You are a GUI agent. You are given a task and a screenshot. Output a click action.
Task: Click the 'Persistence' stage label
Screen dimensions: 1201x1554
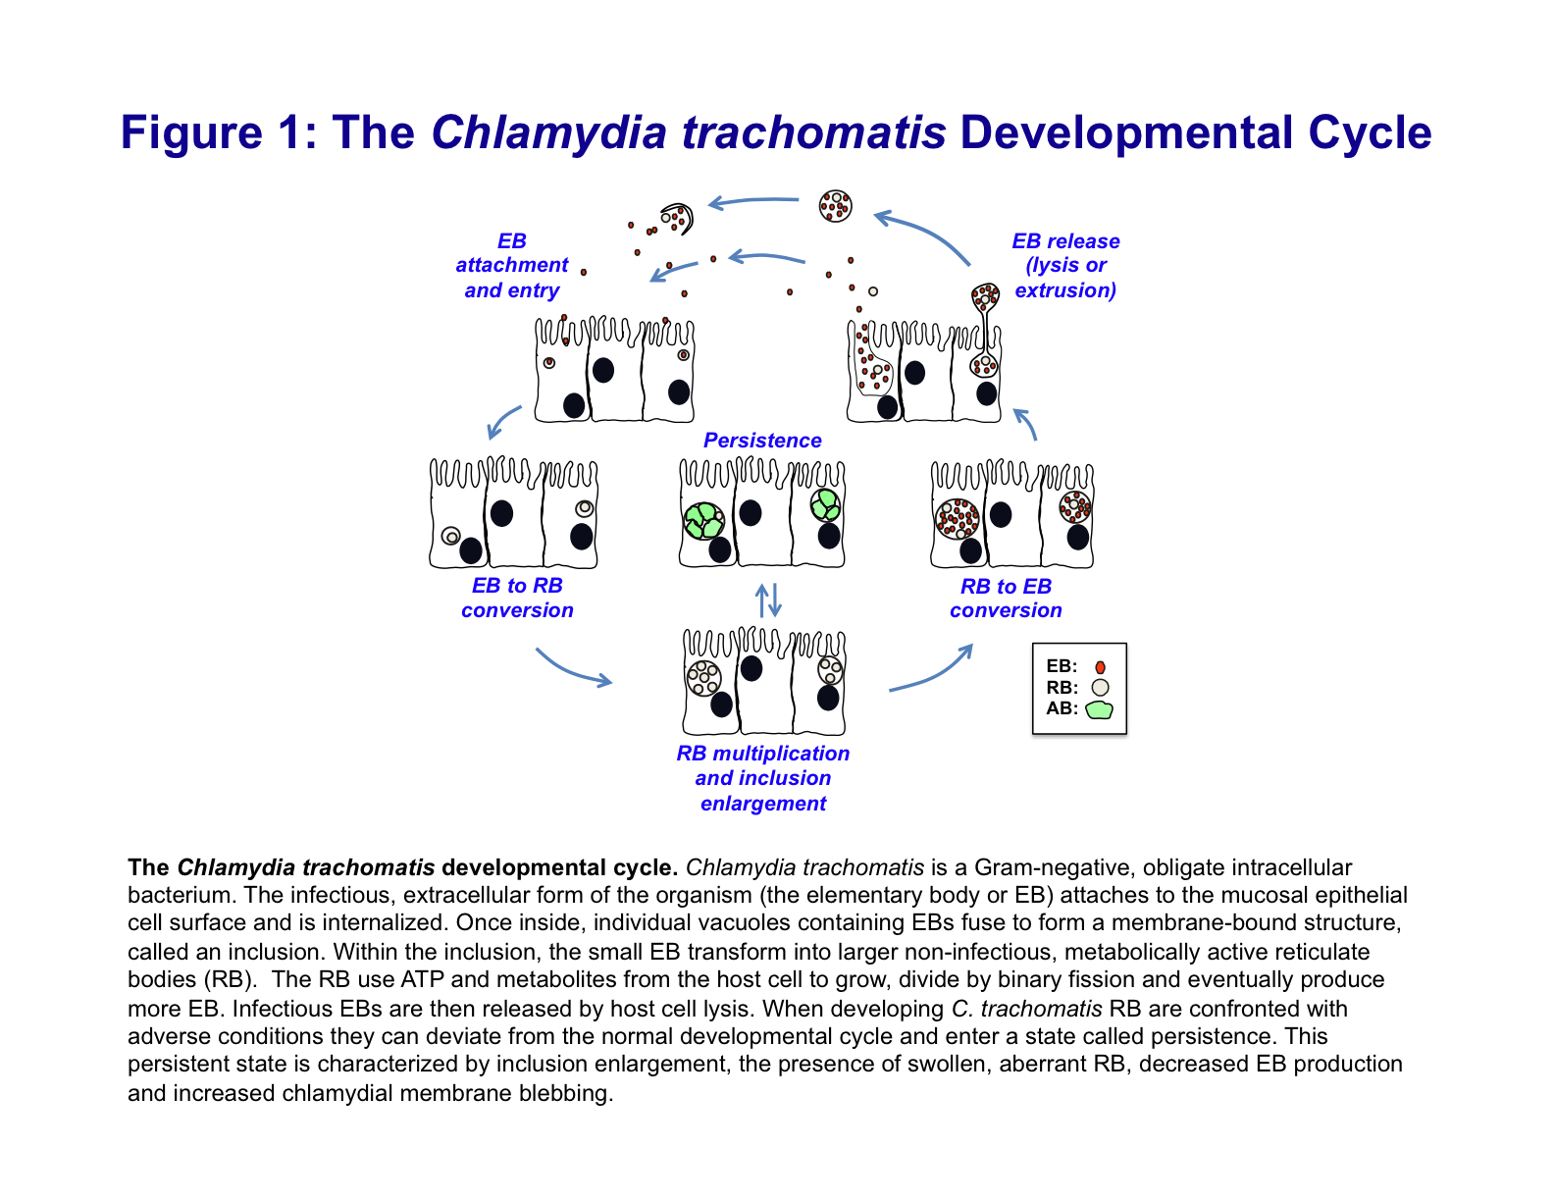click(762, 441)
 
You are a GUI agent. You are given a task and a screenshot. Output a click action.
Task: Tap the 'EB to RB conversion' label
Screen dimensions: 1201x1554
click(517, 598)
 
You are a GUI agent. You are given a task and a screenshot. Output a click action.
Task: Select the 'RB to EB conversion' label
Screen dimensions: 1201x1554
click(1006, 599)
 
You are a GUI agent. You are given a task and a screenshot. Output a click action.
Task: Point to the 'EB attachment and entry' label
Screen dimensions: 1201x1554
click(511, 266)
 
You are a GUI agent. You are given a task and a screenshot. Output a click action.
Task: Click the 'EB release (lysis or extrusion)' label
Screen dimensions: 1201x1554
click(1065, 266)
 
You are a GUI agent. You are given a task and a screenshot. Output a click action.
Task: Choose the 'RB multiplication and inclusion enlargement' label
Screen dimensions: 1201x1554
click(763, 778)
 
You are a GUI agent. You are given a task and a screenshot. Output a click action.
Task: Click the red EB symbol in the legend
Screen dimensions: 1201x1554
click(1100, 667)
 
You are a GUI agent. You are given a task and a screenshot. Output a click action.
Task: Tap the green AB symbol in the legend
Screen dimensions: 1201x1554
click(1100, 708)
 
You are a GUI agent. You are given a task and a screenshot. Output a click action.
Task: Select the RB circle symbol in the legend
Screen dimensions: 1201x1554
click(1100, 688)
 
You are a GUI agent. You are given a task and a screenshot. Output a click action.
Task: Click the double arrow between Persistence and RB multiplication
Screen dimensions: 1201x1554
click(768, 600)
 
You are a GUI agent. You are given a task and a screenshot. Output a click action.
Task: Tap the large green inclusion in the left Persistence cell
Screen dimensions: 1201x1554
click(703, 520)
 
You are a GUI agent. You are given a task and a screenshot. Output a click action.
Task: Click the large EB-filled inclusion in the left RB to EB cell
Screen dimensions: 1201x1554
click(957, 518)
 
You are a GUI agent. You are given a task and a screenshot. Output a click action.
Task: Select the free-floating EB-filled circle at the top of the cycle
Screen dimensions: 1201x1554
click(835, 206)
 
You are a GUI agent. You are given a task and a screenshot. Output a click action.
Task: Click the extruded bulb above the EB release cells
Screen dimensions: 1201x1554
click(985, 295)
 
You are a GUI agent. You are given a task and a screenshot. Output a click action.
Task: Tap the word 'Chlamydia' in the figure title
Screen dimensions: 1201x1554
click(548, 132)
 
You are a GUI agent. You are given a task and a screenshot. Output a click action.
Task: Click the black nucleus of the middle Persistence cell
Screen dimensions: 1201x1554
click(751, 512)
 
